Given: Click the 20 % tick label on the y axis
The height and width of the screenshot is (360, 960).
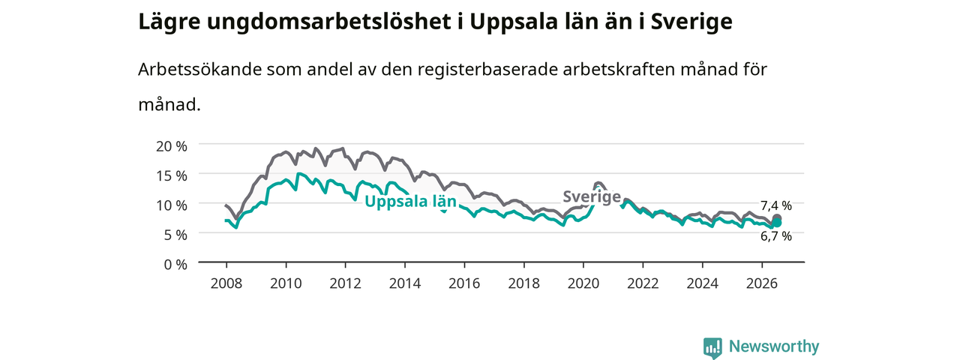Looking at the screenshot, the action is [x=172, y=146].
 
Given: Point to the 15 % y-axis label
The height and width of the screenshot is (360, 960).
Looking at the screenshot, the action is [x=172, y=176].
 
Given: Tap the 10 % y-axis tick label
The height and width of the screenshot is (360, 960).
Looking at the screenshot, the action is [x=172, y=205].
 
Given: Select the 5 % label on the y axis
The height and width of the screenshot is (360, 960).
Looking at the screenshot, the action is [x=175, y=235].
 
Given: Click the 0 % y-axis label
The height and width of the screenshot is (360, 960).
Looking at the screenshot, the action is [x=175, y=265].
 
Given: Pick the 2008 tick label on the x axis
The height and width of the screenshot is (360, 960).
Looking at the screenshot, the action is [x=226, y=283].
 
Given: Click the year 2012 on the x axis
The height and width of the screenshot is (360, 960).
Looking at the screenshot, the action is [x=346, y=283].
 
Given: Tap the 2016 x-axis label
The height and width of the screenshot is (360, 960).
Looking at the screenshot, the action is [x=464, y=283].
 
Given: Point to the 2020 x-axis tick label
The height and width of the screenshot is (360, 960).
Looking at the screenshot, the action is [x=583, y=283].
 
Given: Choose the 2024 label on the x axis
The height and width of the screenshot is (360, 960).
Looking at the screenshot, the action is [x=703, y=283].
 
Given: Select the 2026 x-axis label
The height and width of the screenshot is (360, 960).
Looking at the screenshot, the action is [x=762, y=283].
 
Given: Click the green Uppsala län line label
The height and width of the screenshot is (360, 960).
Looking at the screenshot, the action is [x=410, y=202].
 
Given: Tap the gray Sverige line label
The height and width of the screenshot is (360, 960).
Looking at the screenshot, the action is [x=592, y=196].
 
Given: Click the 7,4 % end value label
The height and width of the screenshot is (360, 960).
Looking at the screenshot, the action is [x=776, y=206].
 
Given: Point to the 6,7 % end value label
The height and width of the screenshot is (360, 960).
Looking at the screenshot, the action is [x=776, y=236].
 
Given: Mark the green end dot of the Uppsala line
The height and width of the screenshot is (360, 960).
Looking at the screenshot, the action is [x=776, y=223].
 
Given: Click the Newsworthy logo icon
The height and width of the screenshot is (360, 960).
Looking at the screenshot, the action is [x=712, y=347].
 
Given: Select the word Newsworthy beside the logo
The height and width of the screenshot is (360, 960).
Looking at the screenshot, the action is [x=774, y=346].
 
